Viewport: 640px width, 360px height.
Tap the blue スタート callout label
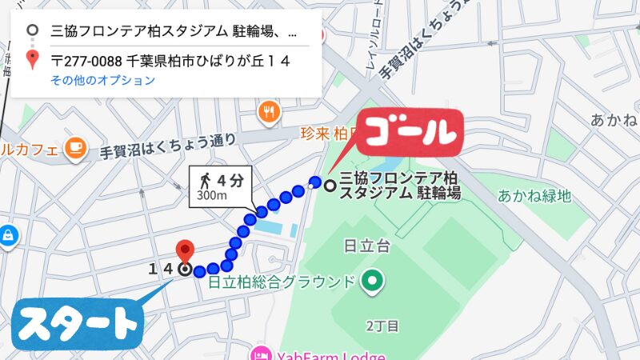point(78,323)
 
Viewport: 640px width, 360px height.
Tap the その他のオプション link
point(102,80)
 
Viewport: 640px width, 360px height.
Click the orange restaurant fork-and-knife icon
point(270,113)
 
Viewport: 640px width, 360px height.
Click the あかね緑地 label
point(534,194)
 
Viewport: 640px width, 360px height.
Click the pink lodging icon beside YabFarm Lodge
point(261,354)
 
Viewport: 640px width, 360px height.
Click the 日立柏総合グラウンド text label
point(281,282)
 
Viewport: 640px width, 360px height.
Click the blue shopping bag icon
point(7,236)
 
